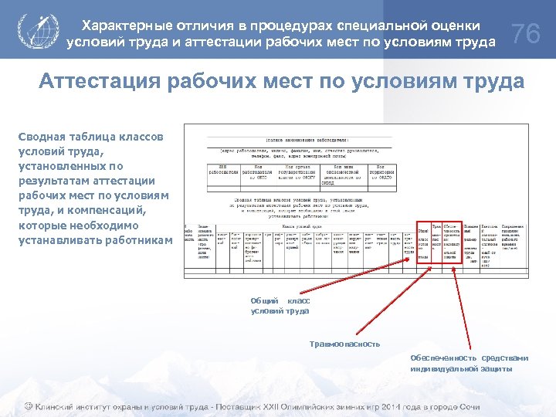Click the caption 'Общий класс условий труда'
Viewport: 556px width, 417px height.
point(280,306)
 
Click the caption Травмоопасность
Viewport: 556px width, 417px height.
point(344,344)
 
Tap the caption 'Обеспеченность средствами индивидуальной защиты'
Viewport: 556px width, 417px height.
point(469,363)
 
